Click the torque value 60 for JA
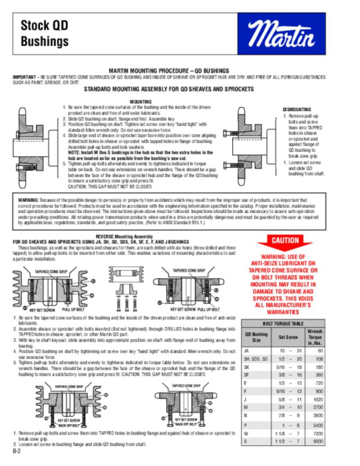point(339,349)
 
